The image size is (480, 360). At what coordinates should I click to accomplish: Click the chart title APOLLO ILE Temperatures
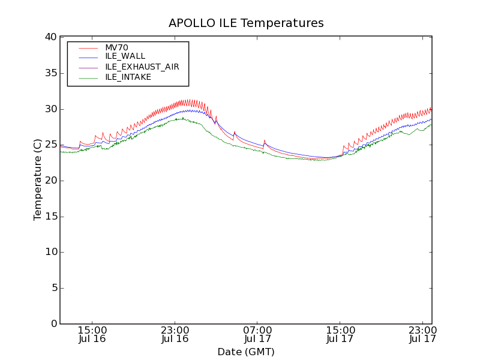click(246, 23)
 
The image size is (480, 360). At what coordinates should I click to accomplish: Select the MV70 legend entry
click(116, 48)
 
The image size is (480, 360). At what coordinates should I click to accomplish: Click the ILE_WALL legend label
click(125, 56)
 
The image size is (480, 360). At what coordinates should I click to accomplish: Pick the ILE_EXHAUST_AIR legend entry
click(142, 67)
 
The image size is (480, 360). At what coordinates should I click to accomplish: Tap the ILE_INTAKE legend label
click(128, 77)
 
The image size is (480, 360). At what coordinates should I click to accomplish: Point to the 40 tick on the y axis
click(50, 37)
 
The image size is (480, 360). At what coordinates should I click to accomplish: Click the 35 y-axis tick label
click(50, 73)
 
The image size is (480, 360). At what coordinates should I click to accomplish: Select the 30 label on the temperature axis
click(50, 109)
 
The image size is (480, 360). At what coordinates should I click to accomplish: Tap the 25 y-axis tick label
click(50, 145)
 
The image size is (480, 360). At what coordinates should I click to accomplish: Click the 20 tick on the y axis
click(50, 181)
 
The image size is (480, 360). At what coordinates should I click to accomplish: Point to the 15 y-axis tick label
click(50, 217)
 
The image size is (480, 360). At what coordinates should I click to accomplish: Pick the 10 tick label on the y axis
click(50, 252)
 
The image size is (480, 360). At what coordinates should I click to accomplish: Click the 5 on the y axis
click(53, 288)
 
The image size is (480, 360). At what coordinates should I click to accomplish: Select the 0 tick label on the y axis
click(53, 324)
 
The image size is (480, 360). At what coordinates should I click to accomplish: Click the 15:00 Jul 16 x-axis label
click(92, 334)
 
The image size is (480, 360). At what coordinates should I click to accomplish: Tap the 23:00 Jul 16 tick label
click(175, 334)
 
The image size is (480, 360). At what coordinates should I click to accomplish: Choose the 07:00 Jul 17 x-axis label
click(257, 334)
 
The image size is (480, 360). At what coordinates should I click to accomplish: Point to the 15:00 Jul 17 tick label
click(340, 334)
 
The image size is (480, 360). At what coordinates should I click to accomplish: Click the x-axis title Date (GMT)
click(246, 352)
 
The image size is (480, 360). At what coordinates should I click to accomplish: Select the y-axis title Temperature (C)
click(38, 180)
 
